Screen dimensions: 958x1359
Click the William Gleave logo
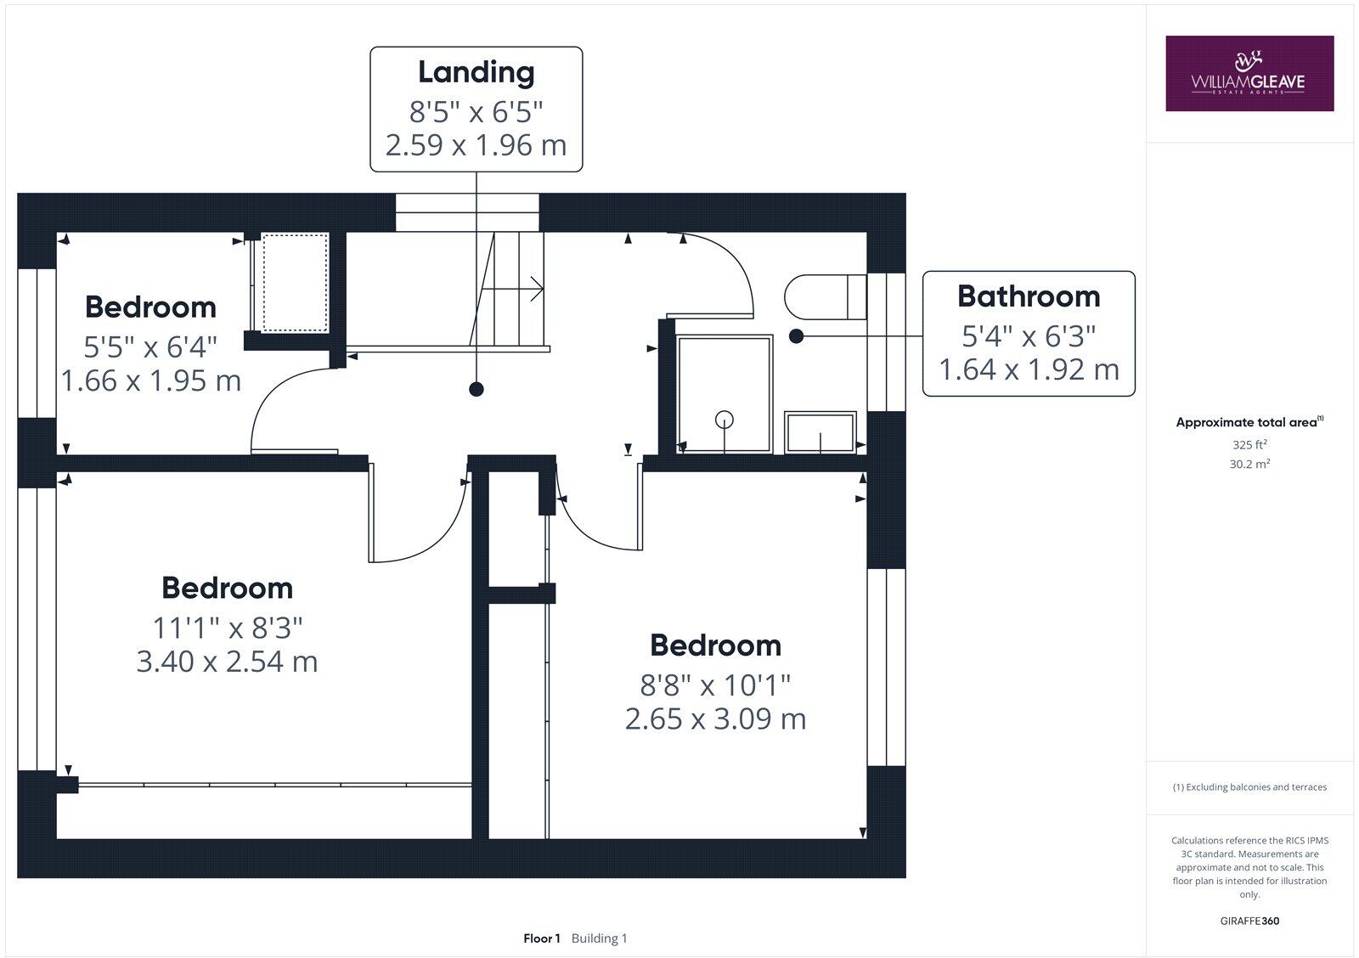(x=1249, y=73)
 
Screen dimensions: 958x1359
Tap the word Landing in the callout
(x=476, y=72)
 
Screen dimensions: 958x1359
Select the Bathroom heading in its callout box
(x=1028, y=296)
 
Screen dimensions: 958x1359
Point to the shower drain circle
(x=724, y=418)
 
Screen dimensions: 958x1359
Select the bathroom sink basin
(x=820, y=433)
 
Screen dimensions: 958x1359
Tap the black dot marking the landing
(x=476, y=390)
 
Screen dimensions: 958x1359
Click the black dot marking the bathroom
(x=796, y=336)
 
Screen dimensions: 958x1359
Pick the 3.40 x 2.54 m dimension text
(x=227, y=662)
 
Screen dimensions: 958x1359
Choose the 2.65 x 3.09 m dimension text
(x=715, y=719)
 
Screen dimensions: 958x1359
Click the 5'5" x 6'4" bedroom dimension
(x=150, y=346)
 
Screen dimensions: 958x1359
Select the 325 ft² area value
(x=1249, y=444)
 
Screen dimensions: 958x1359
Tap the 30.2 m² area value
(x=1249, y=464)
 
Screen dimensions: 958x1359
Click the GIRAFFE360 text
(x=1249, y=921)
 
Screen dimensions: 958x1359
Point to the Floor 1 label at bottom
(x=542, y=938)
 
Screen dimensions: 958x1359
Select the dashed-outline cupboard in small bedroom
(x=294, y=283)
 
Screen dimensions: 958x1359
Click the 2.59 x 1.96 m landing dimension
(x=476, y=145)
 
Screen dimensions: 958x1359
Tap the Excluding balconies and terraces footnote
(x=1249, y=787)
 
